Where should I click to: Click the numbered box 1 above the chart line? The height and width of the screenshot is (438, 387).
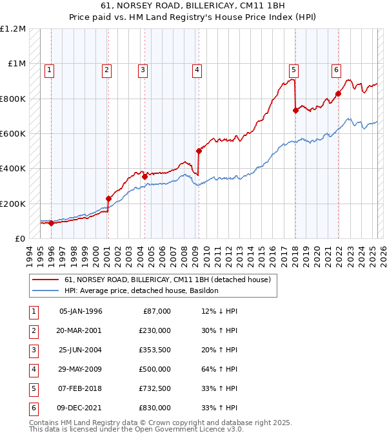pos(50,71)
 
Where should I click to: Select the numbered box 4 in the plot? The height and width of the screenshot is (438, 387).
pos(196,71)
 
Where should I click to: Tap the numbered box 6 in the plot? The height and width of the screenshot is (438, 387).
pos(336,71)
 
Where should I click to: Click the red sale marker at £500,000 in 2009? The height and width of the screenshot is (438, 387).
pos(199,151)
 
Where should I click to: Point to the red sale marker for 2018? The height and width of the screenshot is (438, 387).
pos(295,110)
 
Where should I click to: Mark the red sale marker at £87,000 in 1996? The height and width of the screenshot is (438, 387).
pos(51,223)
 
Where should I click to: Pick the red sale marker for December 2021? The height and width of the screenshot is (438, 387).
pos(338,93)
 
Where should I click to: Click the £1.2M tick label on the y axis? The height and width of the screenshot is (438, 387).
pos(13,29)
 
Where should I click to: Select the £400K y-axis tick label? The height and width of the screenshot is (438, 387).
pos(13,169)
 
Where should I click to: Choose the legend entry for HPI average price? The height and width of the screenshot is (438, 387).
pos(141,290)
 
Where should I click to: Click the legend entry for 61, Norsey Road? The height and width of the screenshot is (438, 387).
pos(170,280)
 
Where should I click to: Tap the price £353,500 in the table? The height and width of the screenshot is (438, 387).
pos(154,350)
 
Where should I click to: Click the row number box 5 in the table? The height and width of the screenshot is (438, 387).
pos(33,389)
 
